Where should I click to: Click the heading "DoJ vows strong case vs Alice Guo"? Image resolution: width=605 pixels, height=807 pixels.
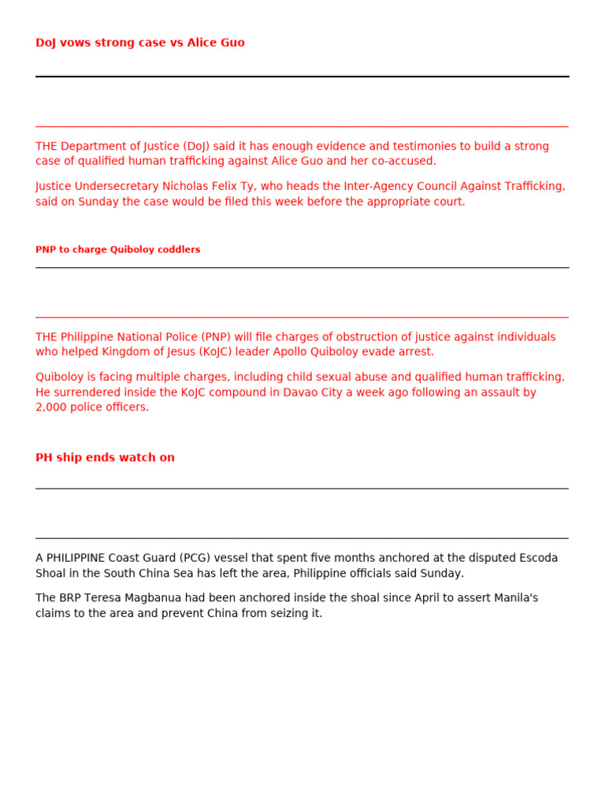pos(140,43)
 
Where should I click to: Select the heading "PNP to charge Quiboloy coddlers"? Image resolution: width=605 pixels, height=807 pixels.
pos(117,250)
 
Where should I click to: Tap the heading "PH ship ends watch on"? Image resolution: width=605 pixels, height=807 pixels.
pos(105,458)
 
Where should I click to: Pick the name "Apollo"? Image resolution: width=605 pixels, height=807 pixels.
pos(291,352)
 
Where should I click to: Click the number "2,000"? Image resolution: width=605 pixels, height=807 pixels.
pos(51,407)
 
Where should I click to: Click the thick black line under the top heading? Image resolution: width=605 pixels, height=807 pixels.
pos(302,76)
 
